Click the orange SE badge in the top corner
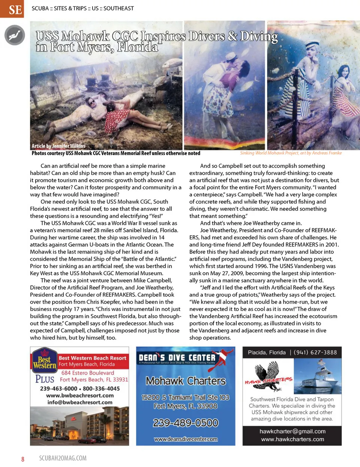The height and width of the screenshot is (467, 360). coord(12,9)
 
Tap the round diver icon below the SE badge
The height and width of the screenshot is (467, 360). coord(15,35)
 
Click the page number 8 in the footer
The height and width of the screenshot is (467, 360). coord(22,459)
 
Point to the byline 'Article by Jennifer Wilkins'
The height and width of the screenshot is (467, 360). coord(58,146)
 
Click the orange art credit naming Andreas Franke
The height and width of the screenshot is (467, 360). coord(291,153)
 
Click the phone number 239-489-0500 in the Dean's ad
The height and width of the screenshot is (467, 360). coord(185,423)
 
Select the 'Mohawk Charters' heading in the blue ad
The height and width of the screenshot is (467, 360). coord(185,381)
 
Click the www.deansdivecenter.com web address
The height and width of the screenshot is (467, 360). coord(185,439)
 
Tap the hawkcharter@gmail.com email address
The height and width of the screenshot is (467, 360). coord(292,431)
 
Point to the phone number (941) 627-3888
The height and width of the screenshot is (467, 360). coord(315,352)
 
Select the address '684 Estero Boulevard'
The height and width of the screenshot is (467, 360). coord(87,373)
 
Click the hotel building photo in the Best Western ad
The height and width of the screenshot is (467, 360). coord(79,426)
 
